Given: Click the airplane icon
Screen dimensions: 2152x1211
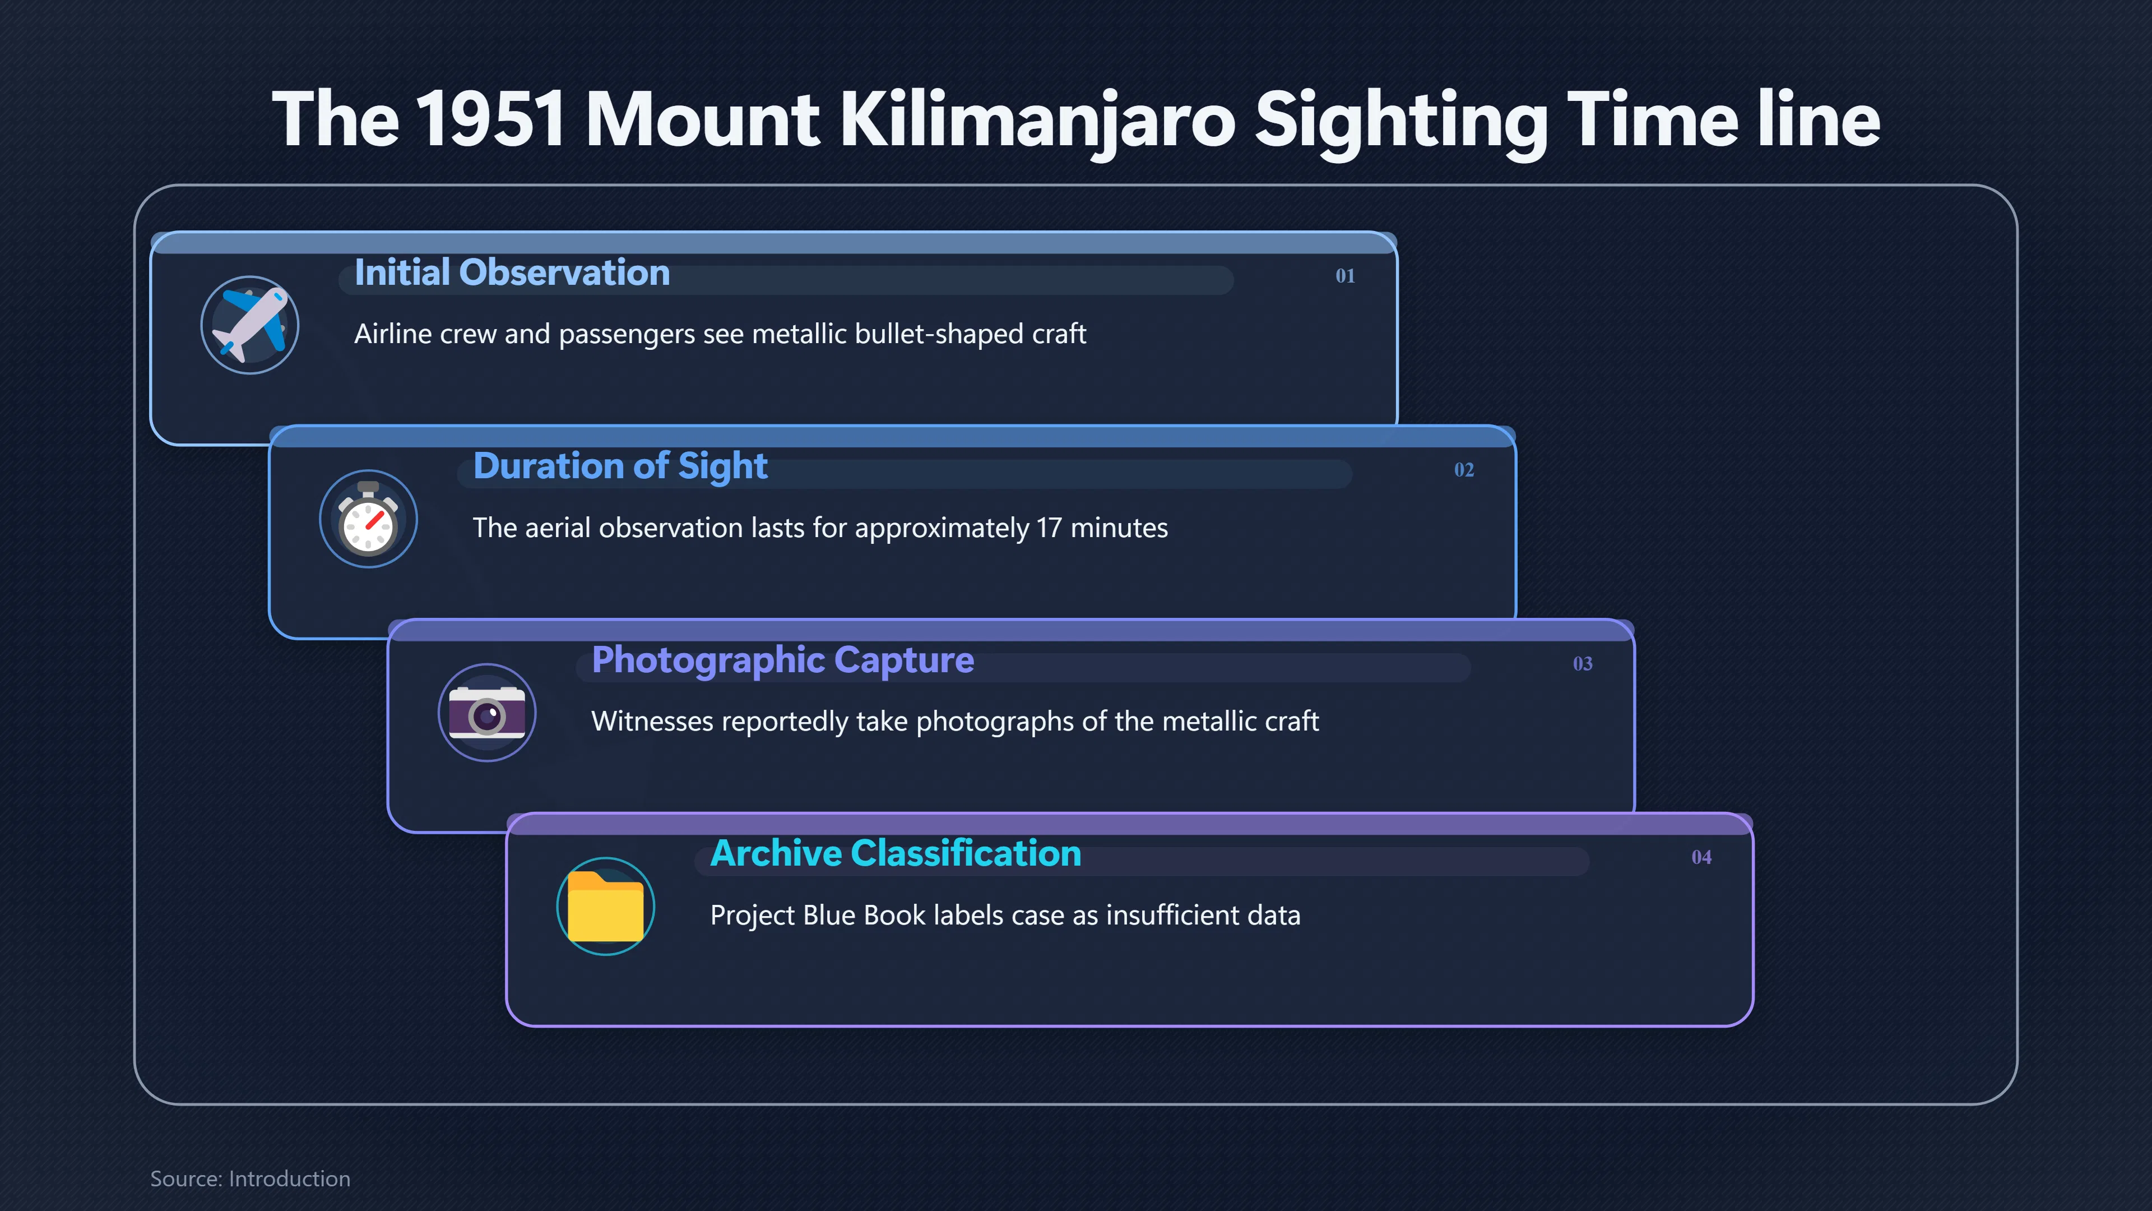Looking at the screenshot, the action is tap(250, 325).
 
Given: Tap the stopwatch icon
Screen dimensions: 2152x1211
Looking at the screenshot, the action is tap(368, 519).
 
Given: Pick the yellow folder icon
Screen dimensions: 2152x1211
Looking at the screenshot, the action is tap(606, 906).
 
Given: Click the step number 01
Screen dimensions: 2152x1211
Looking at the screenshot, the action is tap(1345, 276).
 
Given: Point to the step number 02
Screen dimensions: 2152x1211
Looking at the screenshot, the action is tap(1464, 470).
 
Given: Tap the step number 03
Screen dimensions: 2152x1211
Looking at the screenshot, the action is tap(1582, 664).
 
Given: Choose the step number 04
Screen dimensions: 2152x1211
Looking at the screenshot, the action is tap(1701, 857).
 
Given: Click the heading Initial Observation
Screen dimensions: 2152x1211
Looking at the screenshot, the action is tap(512, 272).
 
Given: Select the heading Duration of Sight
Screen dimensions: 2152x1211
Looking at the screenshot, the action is tap(620, 466).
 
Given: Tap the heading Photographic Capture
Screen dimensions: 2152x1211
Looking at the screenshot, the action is tap(783, 660).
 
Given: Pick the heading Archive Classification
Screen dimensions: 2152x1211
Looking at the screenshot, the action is tap(896, 853).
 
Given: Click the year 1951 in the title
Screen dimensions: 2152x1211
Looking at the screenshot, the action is tap(491, 119).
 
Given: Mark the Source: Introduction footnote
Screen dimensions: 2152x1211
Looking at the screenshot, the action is tap(250, 1178).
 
